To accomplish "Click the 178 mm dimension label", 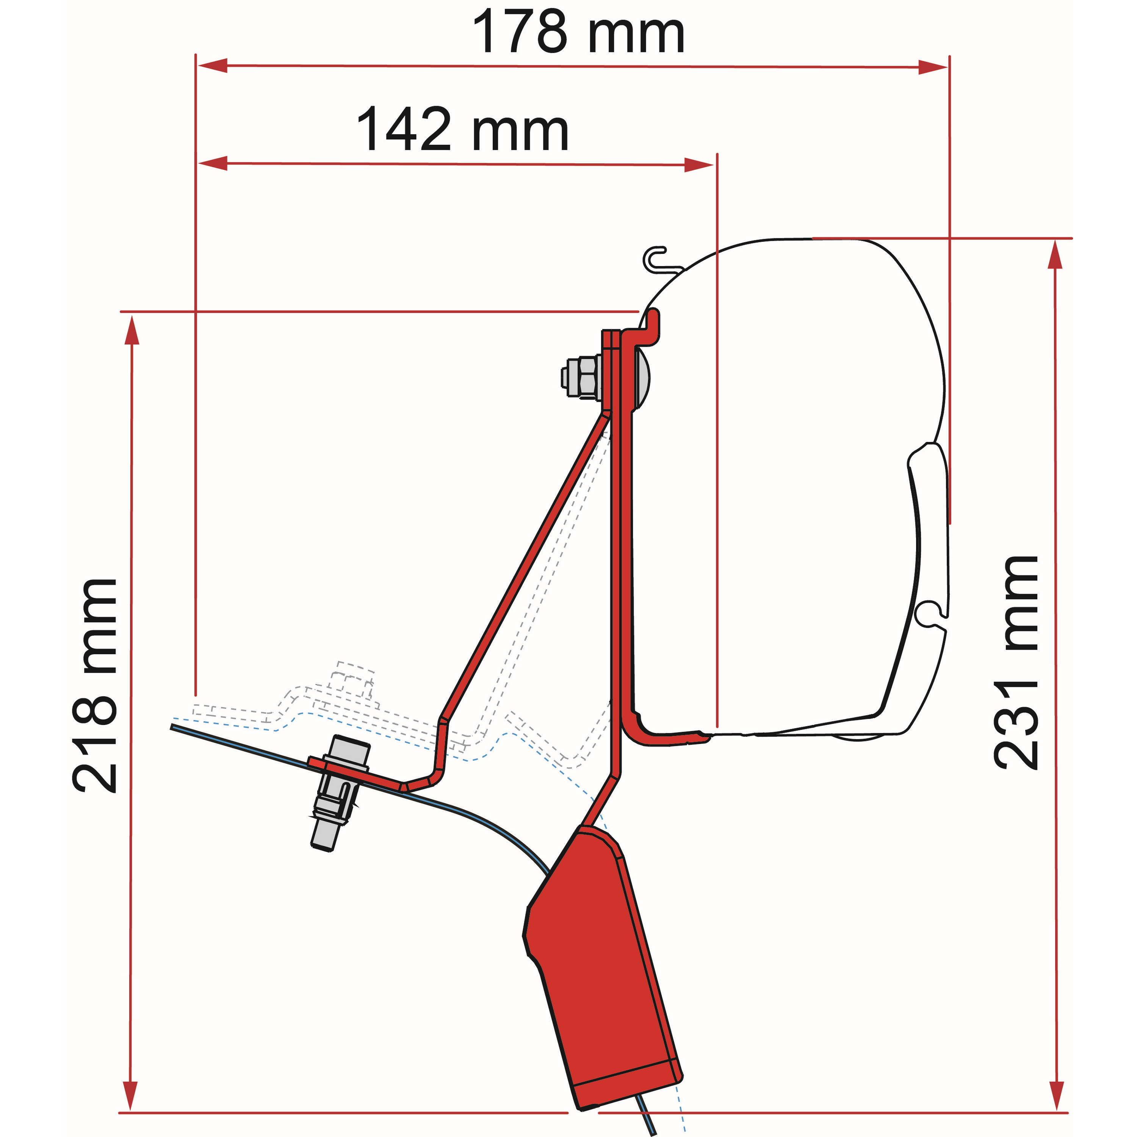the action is (x=578, y=32).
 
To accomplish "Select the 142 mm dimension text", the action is (x=462, y=130).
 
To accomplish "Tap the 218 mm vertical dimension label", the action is (x=96, y=686).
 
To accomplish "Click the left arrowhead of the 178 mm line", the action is (x=212, y=65).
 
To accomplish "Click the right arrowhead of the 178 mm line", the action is (x=933, y=67).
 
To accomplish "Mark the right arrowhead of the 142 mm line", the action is (x=698, y=165).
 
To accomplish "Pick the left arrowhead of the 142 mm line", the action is (x=213, y=163).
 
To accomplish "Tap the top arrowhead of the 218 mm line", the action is (x=131, y=330).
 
